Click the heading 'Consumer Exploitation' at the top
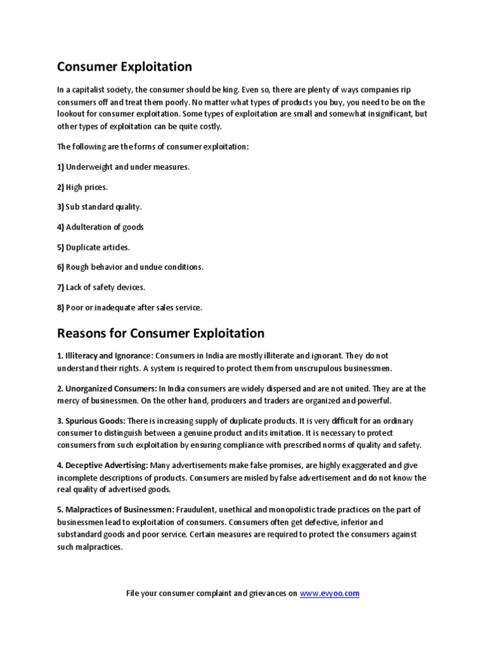(124, 66)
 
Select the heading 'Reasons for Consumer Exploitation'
(160, 332)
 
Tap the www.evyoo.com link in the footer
(329, 594)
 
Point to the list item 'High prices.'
(87, 187)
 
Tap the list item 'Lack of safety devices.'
(105, 287)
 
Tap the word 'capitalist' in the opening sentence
(88, 90)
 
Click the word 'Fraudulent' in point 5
(198, 509)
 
